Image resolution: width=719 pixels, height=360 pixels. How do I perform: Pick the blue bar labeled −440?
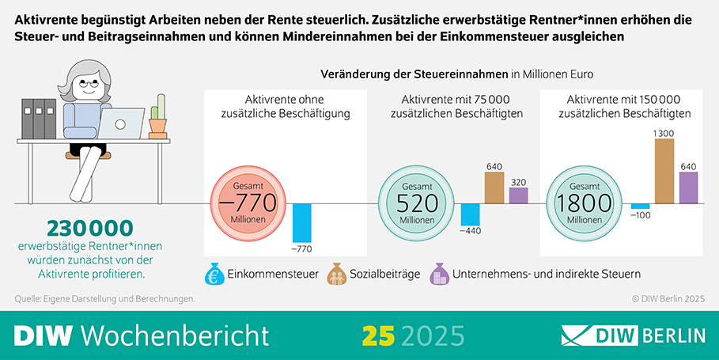tap(471, 214)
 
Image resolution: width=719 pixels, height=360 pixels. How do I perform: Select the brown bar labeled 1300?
tap(664, 171)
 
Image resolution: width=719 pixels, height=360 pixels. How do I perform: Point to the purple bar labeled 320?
tap(519, 195)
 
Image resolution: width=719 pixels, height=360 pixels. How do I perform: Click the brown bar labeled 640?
tap(494, 188)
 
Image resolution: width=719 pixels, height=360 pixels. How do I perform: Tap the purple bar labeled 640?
tap(689, 188)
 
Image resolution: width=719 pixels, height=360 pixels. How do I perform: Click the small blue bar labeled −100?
tap(640, 207)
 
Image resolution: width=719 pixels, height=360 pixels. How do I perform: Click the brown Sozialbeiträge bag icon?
tap(337, 274)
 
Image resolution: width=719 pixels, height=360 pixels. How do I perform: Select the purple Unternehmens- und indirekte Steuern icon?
tap(439, 274)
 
